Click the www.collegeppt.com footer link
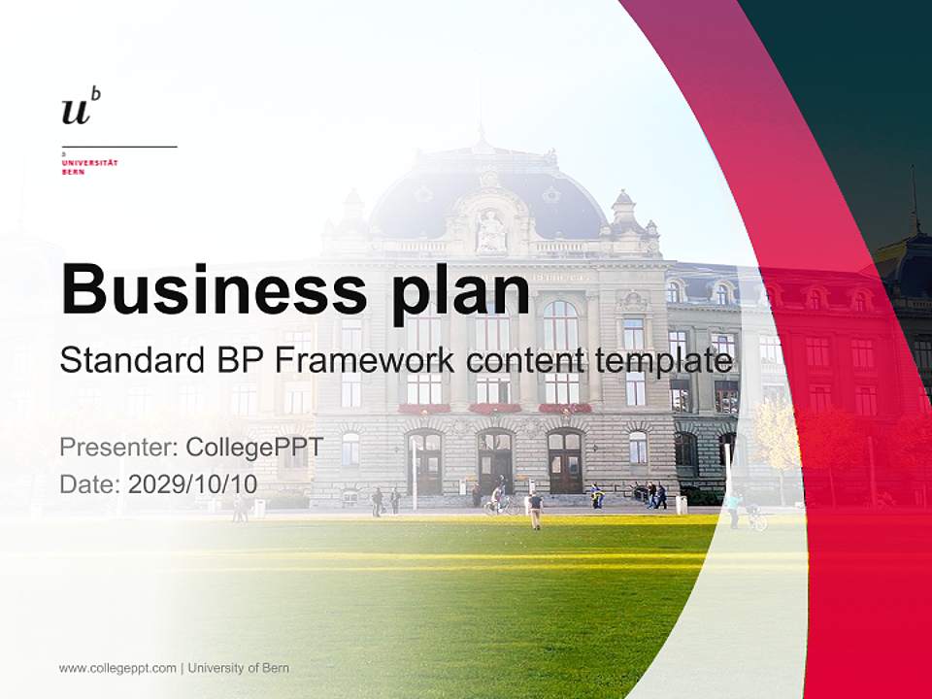coord(117,668)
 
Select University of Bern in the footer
coord(239,668)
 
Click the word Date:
coord(90,483)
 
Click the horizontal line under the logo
coord(118,147)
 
